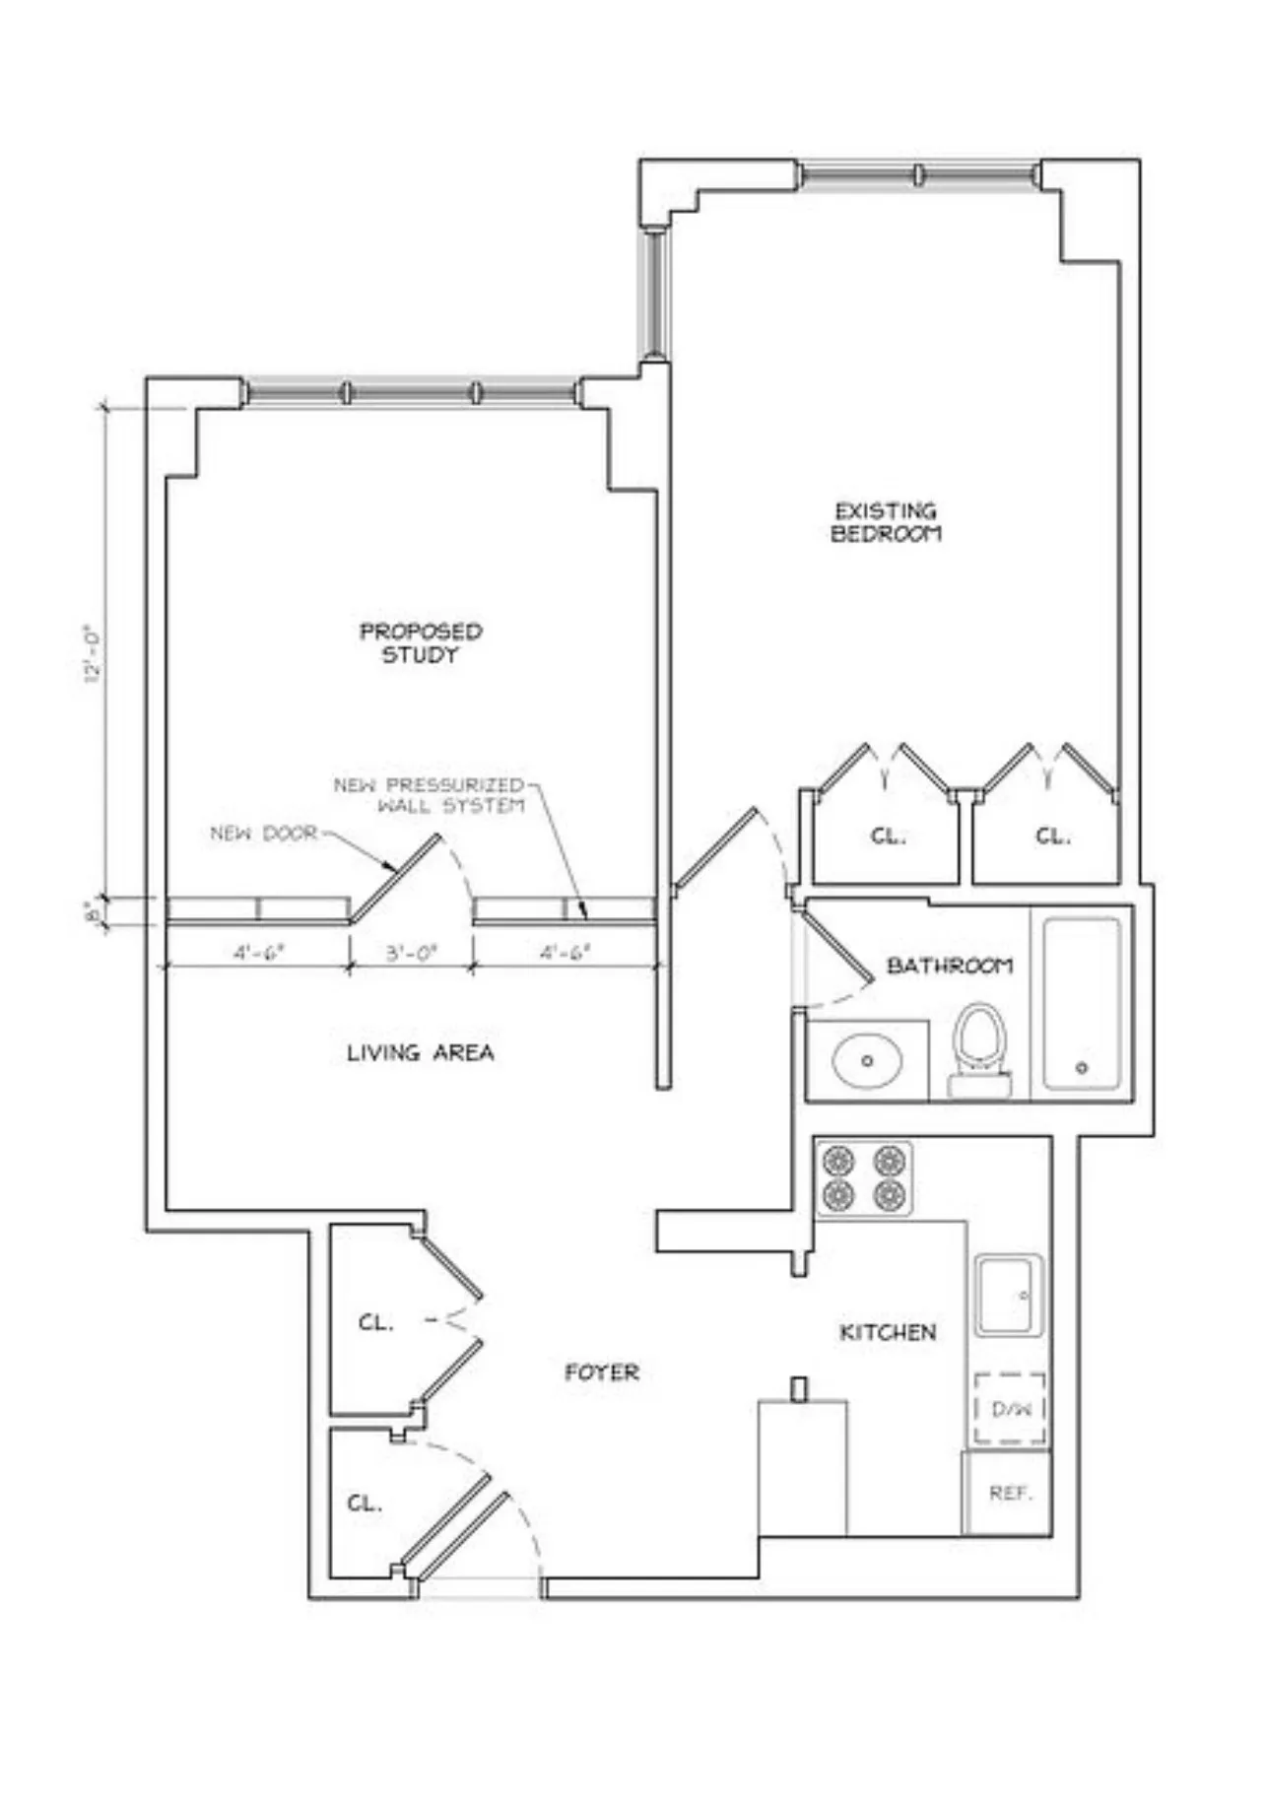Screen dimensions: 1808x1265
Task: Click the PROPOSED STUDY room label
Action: [x=421, y=642]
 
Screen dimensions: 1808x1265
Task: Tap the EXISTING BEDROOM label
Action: [x=886, y=522]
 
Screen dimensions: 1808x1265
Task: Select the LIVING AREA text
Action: [x=420, y=1052]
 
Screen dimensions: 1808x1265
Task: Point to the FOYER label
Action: [x=601, y=1372]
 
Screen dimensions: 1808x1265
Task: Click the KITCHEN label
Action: [x=887, y=1332]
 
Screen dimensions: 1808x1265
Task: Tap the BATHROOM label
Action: [x=949, y=965]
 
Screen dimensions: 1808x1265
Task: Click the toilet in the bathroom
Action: [x=979, y=1049]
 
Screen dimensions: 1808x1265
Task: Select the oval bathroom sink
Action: [x=867, y=1060]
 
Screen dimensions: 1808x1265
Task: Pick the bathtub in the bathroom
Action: [x=1081, y=1002]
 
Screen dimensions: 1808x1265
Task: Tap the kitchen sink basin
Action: [x=1008, y=1295]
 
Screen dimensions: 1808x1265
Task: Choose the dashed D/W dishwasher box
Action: [x=1010, y=1409]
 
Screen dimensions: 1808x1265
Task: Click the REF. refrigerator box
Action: [x=1009, y=1493]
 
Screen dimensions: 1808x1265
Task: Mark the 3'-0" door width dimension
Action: [x=411, y=953]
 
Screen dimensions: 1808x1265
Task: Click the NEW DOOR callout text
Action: [x=264, y=833]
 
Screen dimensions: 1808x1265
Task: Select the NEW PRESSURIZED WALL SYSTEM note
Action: [x=430, y=795]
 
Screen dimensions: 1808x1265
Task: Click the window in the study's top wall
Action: [x=410, y=392]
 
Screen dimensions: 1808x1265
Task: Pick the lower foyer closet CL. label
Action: [x=364, y=1504]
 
